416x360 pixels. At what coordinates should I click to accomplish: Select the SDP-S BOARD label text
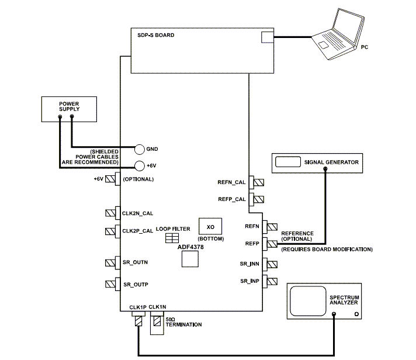152,36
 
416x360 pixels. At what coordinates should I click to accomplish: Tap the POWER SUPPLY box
69,109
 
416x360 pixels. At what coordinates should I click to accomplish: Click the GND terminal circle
140,149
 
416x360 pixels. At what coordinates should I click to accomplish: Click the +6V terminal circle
140,166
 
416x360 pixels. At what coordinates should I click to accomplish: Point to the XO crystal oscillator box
207,226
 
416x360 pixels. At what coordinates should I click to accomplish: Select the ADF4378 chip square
190,259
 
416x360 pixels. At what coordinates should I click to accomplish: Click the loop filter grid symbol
172,238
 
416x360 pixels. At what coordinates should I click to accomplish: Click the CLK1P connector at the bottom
138,320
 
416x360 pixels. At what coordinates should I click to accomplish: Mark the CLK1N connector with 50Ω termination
157,320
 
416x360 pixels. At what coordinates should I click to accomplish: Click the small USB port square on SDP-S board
266,37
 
